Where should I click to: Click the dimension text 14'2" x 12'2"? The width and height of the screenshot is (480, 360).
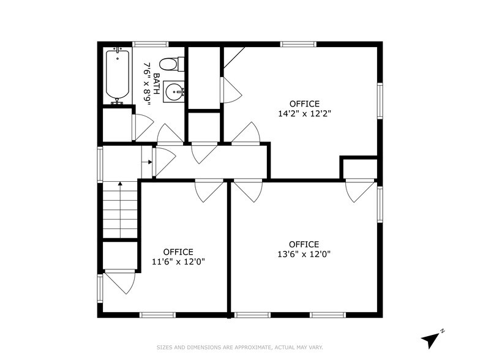[304, 113]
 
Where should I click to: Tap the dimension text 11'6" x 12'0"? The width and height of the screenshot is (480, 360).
[178, 261]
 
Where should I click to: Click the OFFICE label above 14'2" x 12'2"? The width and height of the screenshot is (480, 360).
[304, 103]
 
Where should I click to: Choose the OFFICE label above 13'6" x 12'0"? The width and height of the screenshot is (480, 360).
[304, 244]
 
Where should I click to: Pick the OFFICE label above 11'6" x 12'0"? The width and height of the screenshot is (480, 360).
[178, 252]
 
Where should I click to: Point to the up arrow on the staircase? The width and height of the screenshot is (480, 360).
[120, 184]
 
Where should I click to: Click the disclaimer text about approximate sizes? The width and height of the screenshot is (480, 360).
[240, 347]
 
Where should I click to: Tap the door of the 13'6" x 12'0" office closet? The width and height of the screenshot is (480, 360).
[359, 190]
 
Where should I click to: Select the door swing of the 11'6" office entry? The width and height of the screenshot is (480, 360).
[209, 190]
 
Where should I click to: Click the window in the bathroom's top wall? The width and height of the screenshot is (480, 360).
[151, 44]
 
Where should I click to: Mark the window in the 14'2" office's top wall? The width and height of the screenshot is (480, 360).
[299, 44]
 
